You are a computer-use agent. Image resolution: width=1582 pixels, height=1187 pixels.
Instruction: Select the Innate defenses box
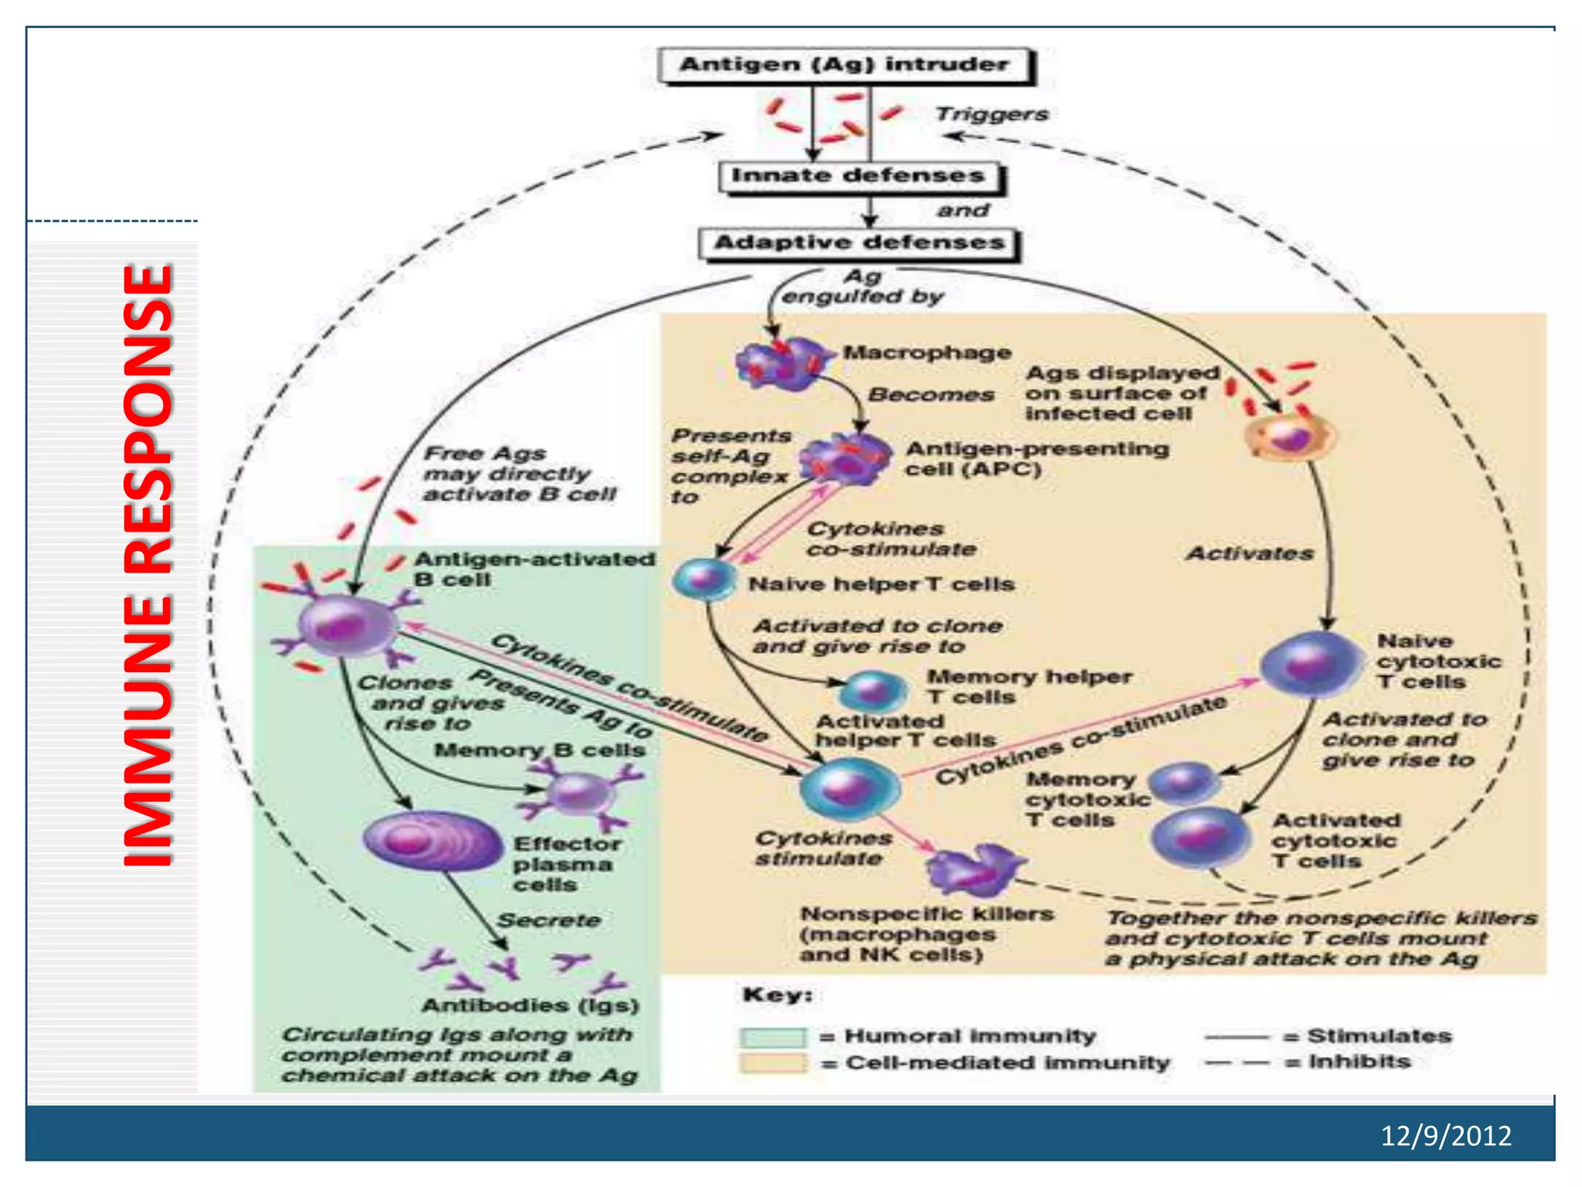(858, 176)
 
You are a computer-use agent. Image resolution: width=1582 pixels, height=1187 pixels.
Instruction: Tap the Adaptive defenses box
(859, 243)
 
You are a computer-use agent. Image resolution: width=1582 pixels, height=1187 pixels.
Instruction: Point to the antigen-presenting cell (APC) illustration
(844, 460)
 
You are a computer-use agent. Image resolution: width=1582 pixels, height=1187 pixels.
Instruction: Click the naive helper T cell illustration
(704, 580)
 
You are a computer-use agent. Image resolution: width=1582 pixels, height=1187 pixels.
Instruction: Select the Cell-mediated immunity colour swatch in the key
(772, 1063)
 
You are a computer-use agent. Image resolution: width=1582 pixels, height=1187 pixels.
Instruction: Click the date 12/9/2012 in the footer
(1445, 1135)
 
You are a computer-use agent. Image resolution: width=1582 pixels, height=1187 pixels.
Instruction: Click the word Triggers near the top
(991, 114)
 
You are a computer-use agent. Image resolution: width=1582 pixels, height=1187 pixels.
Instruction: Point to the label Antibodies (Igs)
(530, 1005)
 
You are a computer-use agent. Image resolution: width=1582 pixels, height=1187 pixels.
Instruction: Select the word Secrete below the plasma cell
(548, 920)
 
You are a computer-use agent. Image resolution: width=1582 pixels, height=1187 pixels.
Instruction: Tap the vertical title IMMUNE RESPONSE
(148, 564)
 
